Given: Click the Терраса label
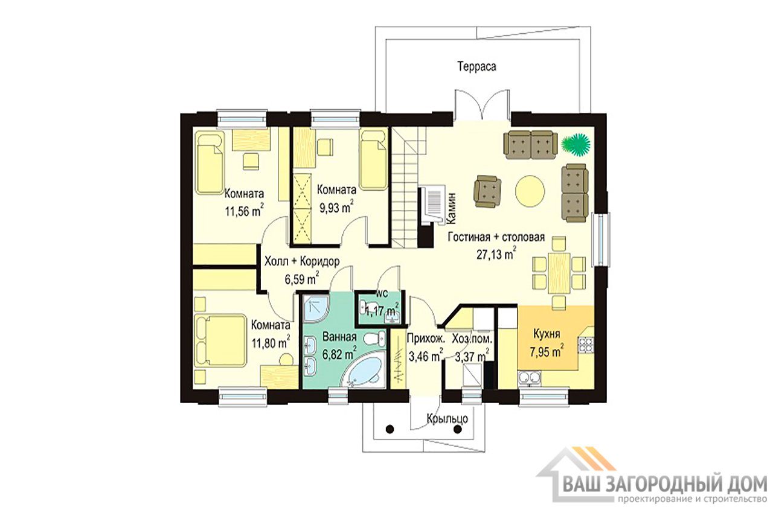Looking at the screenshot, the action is click(476, 66).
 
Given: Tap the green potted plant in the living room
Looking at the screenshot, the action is click(575, 142).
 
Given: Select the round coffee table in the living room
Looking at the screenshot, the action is click(530, 191).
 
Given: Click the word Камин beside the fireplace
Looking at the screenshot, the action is click(451, 209).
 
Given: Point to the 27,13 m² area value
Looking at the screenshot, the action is click(496, 255).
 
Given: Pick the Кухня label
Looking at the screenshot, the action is click(547, 334).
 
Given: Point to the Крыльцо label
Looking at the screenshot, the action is click(447, 419).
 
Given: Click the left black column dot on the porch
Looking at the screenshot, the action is click(390, 429).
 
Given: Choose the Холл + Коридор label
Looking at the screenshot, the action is click(301, 261).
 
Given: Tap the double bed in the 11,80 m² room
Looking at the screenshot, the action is click(221, 340).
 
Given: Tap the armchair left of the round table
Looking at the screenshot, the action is click(487, 191).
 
